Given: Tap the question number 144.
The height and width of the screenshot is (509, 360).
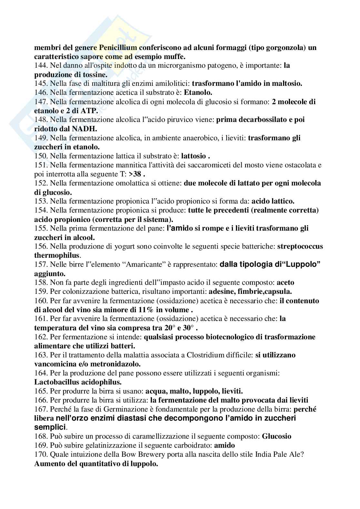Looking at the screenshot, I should click(41, 65).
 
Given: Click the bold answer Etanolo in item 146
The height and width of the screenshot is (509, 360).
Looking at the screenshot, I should click(198, 93).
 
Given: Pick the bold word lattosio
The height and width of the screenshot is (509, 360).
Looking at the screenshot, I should click(194, 156).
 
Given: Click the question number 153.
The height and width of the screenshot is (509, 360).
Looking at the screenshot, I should click(41, 201).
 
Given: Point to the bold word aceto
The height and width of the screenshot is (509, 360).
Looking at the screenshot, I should click(285, 283).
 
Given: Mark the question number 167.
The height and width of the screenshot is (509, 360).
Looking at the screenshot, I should click(41, 409).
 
